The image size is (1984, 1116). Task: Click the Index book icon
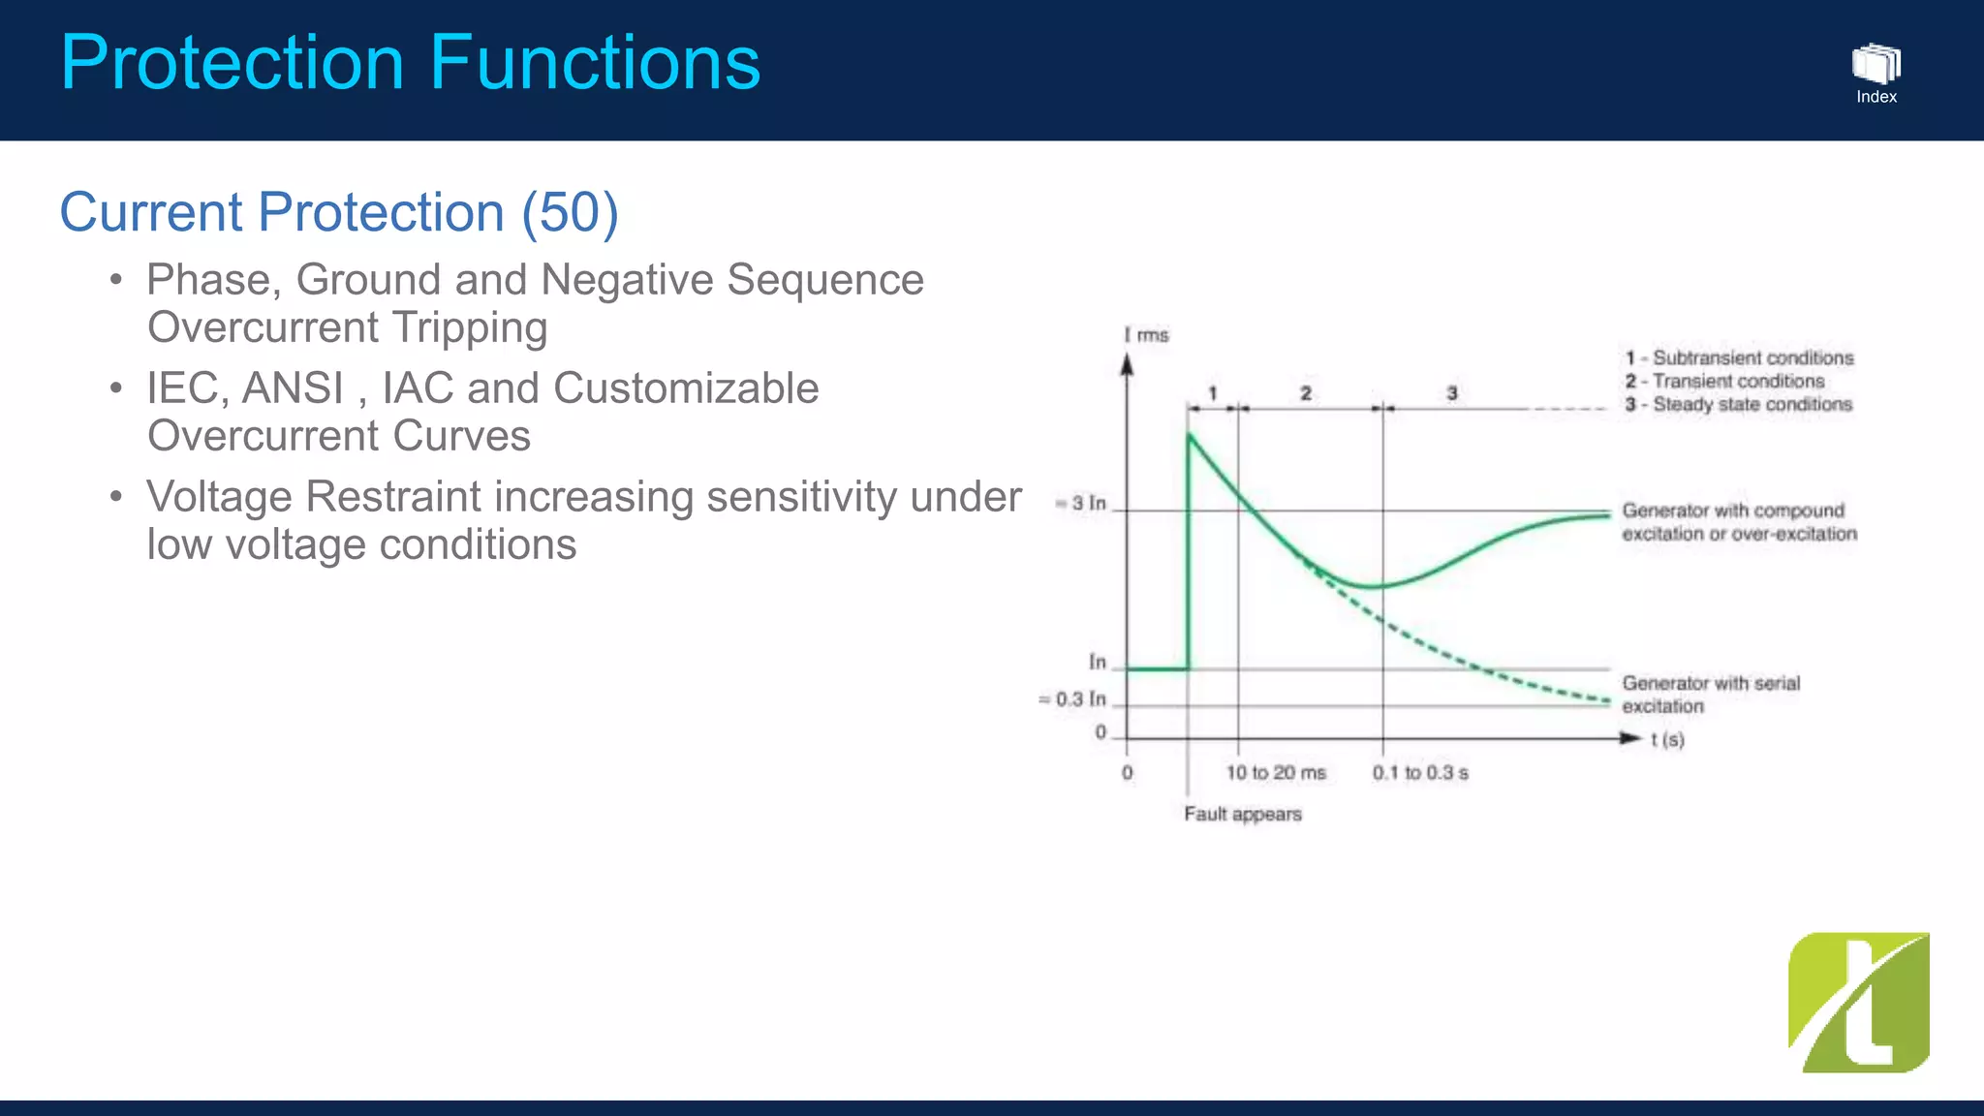point(1875,64)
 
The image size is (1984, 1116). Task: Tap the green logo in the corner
point(1858,1003)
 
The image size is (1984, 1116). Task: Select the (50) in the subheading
point(570,212)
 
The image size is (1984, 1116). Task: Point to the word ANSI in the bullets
point(293,388)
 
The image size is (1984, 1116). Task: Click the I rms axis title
point(1146,335)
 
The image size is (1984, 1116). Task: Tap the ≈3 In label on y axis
point(1081,503)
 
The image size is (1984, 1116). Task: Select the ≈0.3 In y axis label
point(1072,698)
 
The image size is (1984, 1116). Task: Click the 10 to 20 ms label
point(1275,772)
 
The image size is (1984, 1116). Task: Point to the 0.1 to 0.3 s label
point(1419,772)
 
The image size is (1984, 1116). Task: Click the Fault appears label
point(1242,814)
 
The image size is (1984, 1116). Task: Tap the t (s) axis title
point(1666,740)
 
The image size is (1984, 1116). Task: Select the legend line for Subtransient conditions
point(1739,357)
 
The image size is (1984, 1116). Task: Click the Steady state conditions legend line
point(1739,404)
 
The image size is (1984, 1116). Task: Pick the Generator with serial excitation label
point(1711,695)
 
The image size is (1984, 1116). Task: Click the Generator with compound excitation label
point(1739,522)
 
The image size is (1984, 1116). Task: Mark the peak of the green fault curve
point(1190,434)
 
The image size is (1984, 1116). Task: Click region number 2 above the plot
point(1306,393)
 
